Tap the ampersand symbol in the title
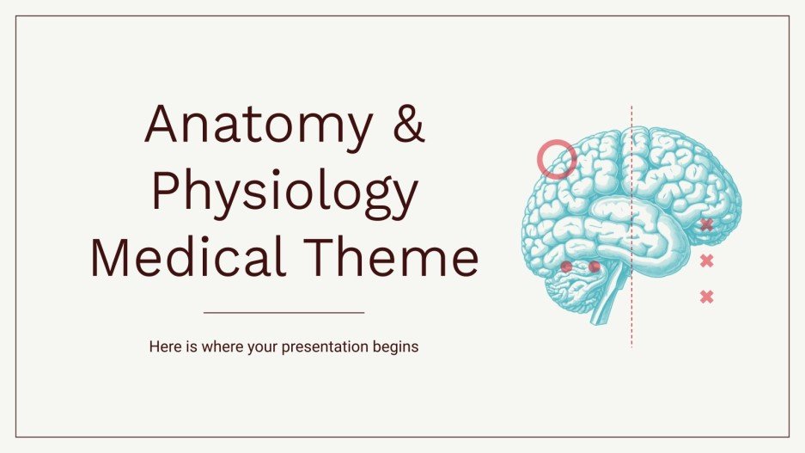tap(401, 125)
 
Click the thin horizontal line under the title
tap(284, 313)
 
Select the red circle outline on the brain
tap(557, 159)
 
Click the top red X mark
tap(706, 225)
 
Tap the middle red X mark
tap(706, 260)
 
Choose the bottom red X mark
tap(706, 297)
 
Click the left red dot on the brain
tap(566, 266)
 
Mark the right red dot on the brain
tap(594, 266)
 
